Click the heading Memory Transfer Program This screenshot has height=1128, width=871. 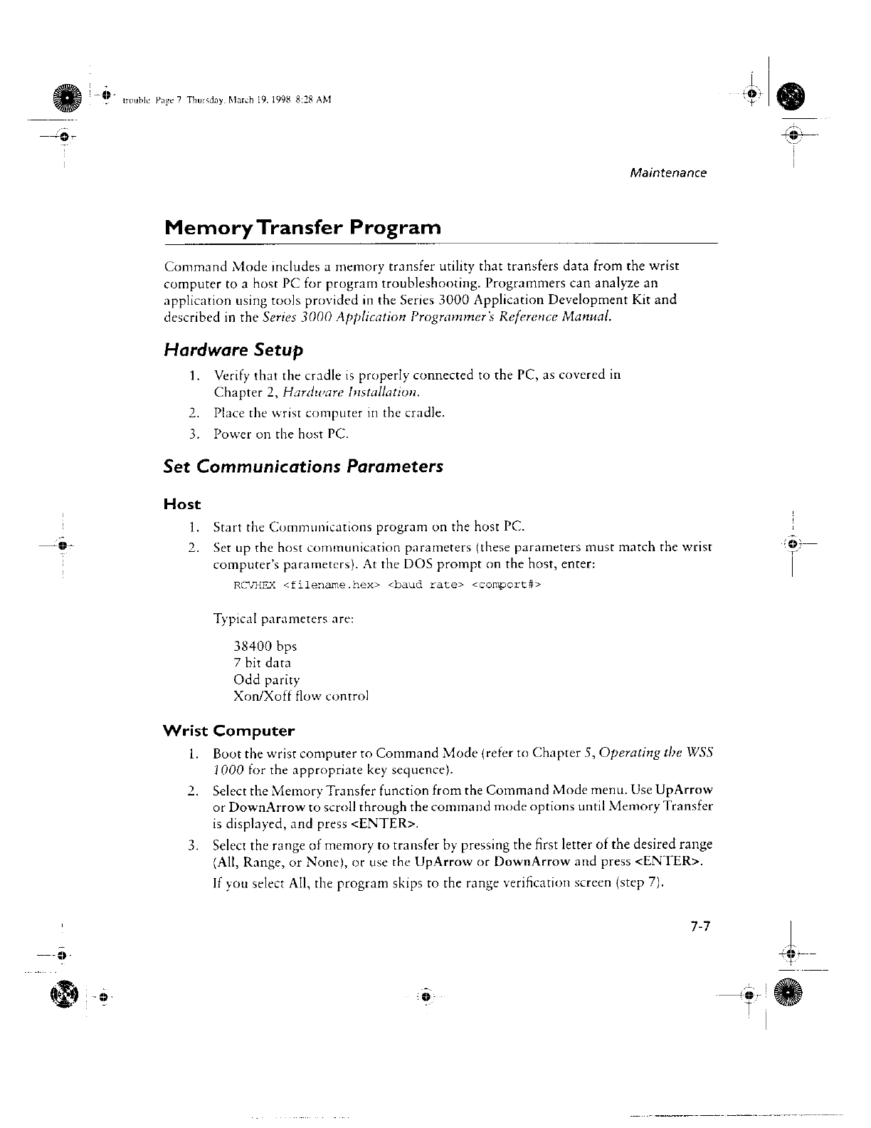point(302,228)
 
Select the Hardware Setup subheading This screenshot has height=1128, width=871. point(233,350)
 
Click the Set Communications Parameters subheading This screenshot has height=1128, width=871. point(303,466)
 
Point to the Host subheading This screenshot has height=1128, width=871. point(182,504)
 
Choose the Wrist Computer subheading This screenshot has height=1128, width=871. point(228,731)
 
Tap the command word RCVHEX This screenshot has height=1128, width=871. point(254,585)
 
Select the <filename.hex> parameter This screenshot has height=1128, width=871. point(332,585)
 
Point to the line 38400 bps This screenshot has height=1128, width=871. point(265,647)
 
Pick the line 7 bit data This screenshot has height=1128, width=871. point(262,663)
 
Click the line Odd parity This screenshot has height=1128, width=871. point(267,680)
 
